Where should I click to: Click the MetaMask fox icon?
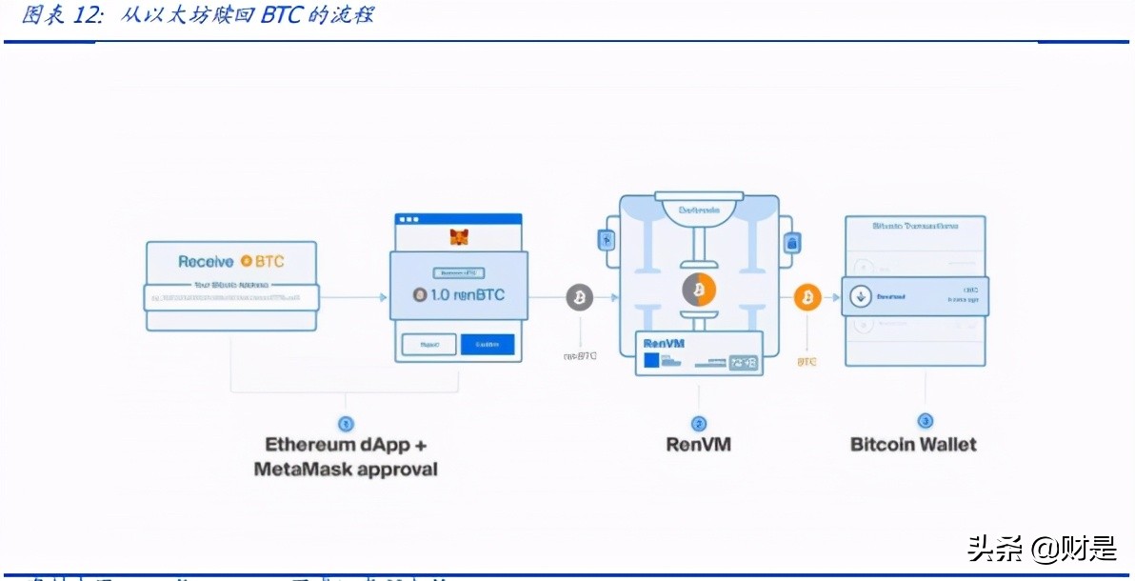click(x=459, y=235)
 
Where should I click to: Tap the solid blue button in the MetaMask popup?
click(x=487, y=345)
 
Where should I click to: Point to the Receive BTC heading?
click(x=230, y=261)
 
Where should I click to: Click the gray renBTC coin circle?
click(x=579, y=297)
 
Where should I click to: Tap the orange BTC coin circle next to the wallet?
click(x=806, y=297)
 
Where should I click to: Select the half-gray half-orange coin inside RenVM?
click(x=698, y=290)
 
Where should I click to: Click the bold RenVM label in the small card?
click(x=664, y=343)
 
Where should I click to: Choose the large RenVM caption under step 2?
click(x=698, y=444)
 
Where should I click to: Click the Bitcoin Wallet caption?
click(x=913, y=444)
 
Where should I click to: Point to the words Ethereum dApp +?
click(x=346, y=444)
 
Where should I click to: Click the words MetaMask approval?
click(x=346, y=469)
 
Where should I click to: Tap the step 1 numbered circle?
click(x=346, y=423)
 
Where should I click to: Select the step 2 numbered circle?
click(x=698, y=423)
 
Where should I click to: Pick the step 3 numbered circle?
click(x=925, y=421)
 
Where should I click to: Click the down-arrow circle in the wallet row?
click(x=860, y=296)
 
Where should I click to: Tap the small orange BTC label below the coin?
click(x=806, y=362)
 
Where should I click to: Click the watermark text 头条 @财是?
click(x=1042, y=548)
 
